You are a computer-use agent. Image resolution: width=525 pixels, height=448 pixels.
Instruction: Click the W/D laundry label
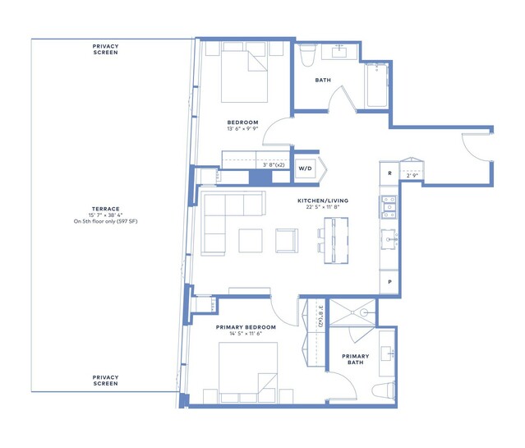[x=305, y=169]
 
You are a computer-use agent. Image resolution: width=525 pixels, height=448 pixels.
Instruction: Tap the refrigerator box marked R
[x=389, y=173]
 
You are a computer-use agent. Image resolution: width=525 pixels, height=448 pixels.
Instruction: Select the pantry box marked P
[x=389, y=282]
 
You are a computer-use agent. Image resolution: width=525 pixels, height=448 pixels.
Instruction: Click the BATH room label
[x=323, y=80]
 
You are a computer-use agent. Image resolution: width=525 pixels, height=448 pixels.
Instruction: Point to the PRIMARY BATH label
[x=355, y=359]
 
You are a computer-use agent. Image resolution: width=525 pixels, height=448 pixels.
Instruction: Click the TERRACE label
[x=105, y=209]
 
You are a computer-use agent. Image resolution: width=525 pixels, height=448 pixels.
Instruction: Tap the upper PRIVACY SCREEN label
[x=105, y=49]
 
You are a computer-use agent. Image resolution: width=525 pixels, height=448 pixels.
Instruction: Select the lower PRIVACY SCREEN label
[x=105, y=381]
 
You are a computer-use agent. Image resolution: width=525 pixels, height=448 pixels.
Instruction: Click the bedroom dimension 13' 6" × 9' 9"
[x=242, y=129]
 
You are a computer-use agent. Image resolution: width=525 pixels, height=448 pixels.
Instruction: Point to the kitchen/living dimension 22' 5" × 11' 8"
[x=323, y=207]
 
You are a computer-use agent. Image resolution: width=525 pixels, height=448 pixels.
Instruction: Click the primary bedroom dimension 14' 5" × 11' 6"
[x=246, y=334]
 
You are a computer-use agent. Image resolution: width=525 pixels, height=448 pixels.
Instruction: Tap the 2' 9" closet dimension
[x=412, y=175]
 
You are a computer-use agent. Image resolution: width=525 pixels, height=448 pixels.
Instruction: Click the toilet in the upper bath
[x=307, y=54]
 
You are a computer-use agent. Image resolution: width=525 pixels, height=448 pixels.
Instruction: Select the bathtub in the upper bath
[x=376, y=85]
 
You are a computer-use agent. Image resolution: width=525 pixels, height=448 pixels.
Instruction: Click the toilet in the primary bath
[x=384, y=390]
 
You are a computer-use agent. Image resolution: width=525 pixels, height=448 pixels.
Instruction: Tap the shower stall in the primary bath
[x=352, y=312]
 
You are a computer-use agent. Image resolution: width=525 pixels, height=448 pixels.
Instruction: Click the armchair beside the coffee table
[x=287, y=241]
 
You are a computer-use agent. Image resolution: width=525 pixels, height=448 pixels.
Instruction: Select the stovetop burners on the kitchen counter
[x=389, y=207]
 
